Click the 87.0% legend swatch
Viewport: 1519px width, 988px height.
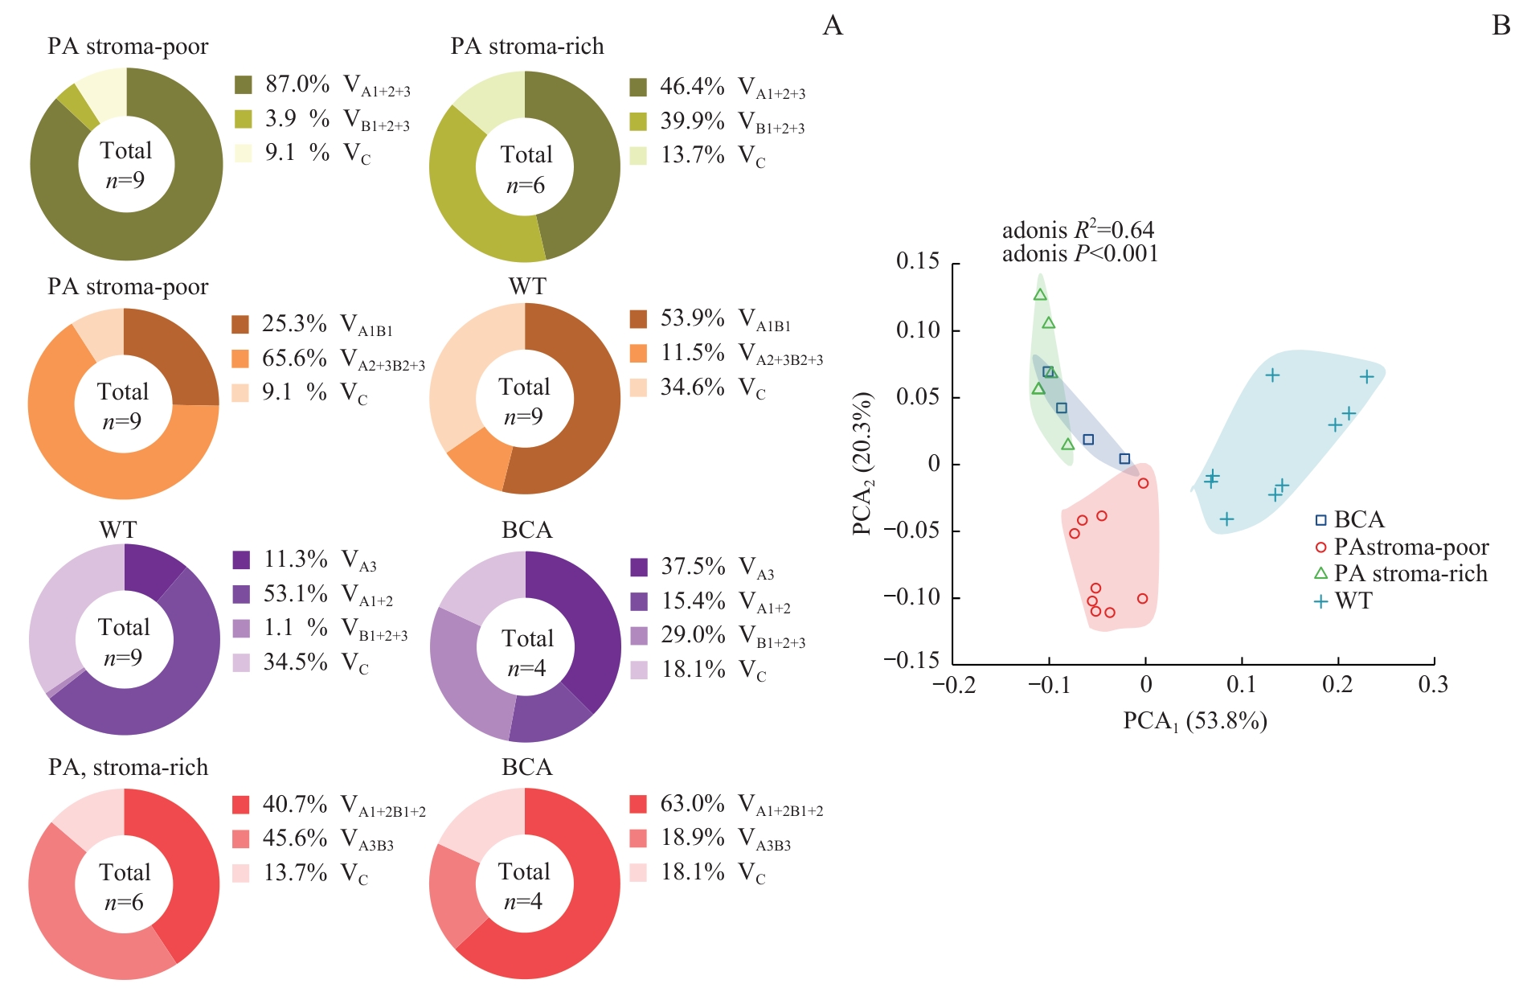pyautogui.click(x=243, y=84)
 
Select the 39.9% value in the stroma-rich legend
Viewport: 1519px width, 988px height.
pyautogui.click(x=692, y=121)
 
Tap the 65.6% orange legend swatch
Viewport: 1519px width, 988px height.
pyautogui.click(x=240, y=359)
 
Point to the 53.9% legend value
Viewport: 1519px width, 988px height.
pyautogui.click(x=692, y=318)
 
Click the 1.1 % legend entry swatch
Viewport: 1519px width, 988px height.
pyautogui.click(x=241, y=628)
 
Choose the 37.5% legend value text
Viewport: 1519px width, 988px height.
pyautogui.click(x=693, y=567)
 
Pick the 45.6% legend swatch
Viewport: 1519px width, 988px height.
pyautogui.click(x=240, y=839)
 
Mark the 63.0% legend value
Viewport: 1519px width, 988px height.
pyautogui.click(x=692, y=804)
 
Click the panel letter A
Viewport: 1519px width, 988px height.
pyautogui.click(x=833, y=27)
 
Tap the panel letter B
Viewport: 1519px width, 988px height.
pyautogui.click(x=1501, y=27)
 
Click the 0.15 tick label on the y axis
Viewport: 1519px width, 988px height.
pyautogui.click(x=917, y=262)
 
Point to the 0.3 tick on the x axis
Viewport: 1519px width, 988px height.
pyautogui.click(x=1433, y=685)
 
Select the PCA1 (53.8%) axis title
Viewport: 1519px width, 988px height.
pyautogui.click(x=1194, y=721)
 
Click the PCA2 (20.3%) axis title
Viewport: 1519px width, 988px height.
pyautogui.click(x=863, y=464)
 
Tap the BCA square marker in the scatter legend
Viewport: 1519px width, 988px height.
pyautogui.click(x=1320, y=520)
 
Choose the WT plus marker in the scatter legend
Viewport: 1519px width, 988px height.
pyautogui.click(x=1320, y=601)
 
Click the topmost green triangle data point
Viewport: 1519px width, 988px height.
pyautogui.click(x=1040, y=295)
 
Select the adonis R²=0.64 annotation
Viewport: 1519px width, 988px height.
pyautogui.click(x=1078, y=231)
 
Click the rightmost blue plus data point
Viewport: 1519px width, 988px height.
pyautogui.click(x=1366, y=376)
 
